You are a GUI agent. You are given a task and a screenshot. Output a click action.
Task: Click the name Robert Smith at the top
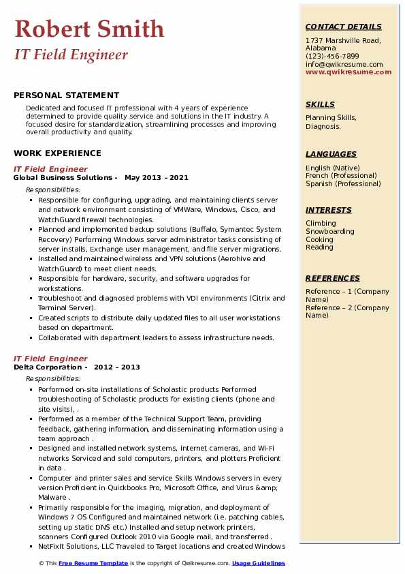coord(89,29)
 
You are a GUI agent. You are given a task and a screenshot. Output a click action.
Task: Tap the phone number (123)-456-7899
coord(332,56)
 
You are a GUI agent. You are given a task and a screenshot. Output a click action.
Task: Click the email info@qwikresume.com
coord(344,64)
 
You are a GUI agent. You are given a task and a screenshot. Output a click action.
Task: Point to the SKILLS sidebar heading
coord(320,104)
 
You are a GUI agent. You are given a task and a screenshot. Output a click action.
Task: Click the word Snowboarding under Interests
coord(329,231)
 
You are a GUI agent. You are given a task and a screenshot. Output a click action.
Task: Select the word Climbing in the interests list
coord(321,223)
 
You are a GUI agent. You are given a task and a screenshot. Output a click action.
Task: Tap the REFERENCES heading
coord(333,278)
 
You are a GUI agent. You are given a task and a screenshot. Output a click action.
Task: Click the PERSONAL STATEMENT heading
coord(66,95)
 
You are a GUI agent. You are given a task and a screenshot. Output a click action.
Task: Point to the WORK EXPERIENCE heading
coord(57,153)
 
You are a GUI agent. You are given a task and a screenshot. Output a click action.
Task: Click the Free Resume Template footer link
coord(93,563)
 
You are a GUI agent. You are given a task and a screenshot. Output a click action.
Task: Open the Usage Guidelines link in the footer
coord(258,563)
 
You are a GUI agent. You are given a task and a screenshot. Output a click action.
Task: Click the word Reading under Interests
coord(319,247)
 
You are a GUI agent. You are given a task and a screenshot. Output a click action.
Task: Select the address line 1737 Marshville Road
coord(342,40)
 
